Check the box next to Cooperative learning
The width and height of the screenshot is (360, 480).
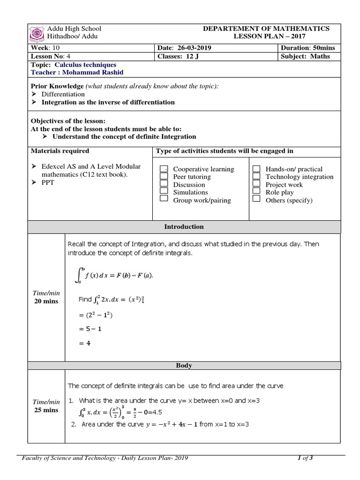point(164,169)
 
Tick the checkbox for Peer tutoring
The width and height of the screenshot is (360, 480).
point(164,177)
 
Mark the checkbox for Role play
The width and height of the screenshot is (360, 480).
point(256,192)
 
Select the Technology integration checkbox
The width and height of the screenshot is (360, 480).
point(256,177)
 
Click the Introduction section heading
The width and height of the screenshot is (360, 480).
point(184,227)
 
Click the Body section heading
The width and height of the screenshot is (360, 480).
point(184,365)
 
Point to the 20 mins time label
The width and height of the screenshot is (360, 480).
point(46,301)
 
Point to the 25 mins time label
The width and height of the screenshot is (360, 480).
point(46,410)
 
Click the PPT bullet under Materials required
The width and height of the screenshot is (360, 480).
point(48,183)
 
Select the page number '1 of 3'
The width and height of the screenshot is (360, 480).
point(306,459)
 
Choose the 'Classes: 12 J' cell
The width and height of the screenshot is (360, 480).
point(179,56)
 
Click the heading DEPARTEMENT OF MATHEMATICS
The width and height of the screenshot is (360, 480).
point(266,29)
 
